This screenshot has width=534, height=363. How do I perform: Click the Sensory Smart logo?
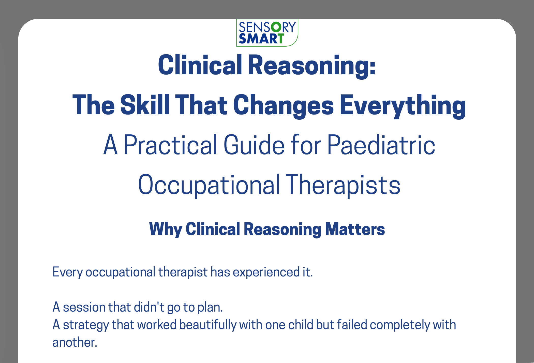point(267,33)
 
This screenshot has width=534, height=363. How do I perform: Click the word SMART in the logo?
point(261,39)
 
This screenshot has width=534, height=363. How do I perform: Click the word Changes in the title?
point(284,105)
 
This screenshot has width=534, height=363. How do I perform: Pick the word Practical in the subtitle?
point(170,145)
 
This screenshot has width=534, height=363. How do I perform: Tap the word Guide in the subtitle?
point(254,145)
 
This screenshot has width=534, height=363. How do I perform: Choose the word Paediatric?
point(381,145)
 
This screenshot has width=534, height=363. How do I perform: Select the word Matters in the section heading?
point(355,229)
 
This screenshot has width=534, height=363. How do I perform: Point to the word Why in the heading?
point(166,229)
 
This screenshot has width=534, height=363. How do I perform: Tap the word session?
point(84,307)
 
